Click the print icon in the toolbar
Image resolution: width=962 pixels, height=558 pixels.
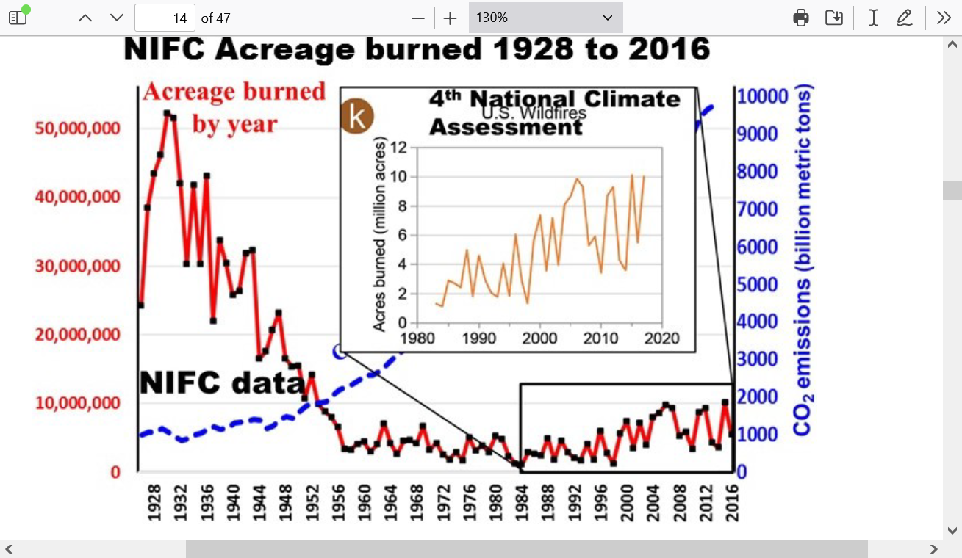(x=801, y=18)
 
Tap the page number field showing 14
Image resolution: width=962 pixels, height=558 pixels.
(x=165, y=18)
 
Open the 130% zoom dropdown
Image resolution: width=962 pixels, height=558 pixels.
(x=545, y=18)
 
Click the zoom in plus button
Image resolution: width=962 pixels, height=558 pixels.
(x=451, y=18)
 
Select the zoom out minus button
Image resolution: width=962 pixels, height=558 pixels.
(x=418, y=18)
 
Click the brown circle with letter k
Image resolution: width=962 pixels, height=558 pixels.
(x=357, y=117)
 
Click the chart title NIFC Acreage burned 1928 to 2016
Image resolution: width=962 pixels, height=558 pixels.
(x=417, y=50)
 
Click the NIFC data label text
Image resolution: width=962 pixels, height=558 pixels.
(x=221, y=383)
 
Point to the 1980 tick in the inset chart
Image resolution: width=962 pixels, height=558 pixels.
(x=417, y=338)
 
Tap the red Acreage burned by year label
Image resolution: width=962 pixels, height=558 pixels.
(x=234, y=107)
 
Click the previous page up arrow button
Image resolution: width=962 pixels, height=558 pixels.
(x=85, y=18)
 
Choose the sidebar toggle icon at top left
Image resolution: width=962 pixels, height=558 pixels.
(x=18, y=18)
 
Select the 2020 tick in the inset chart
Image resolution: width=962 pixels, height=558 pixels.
(x=662, y=338)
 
